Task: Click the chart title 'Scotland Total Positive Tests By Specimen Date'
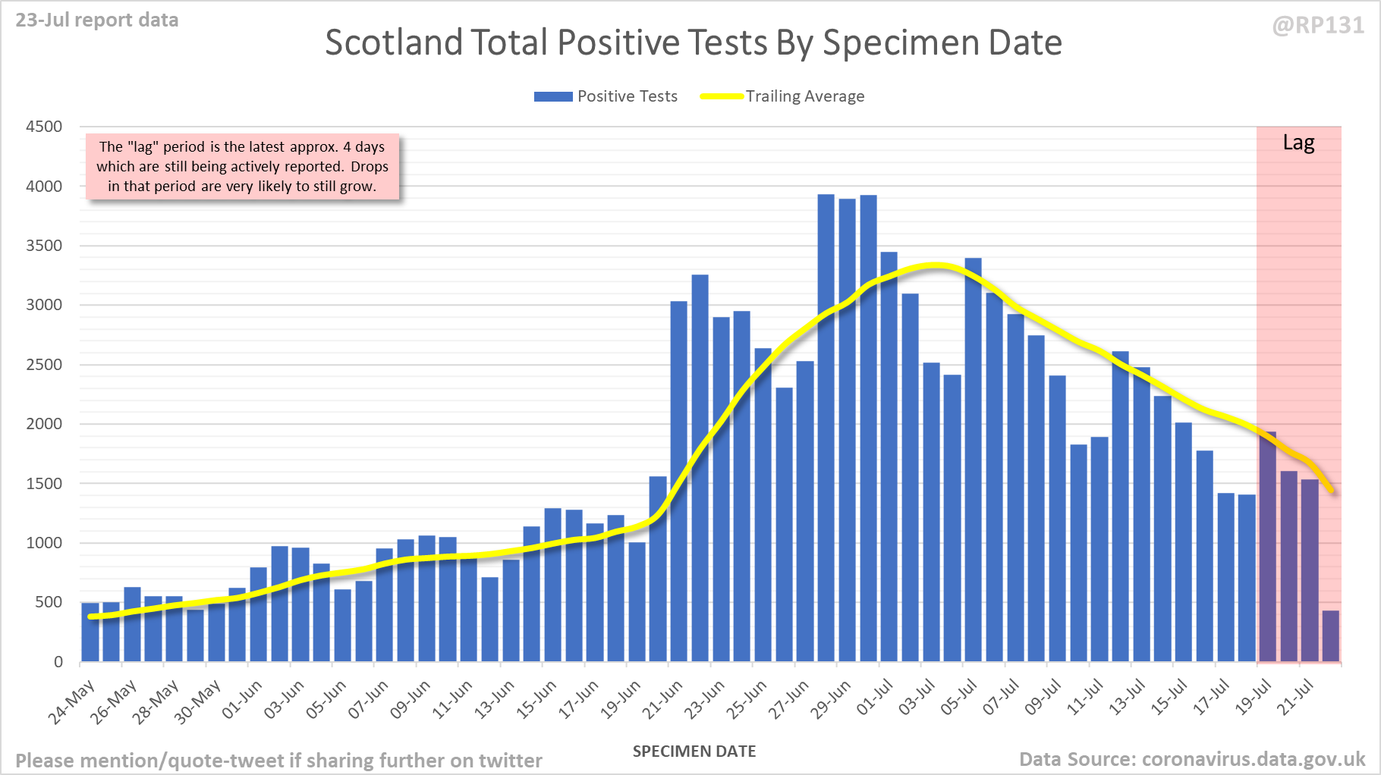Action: (693, 42)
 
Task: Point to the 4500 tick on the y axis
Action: (44, 127)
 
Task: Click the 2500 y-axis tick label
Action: (44, 365)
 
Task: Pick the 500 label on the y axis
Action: (49, 602)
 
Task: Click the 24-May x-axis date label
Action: (72, 701)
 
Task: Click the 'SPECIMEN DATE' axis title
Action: (694, 751)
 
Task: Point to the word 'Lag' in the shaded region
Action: (1298, 143)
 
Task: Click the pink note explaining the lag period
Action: (242, 167)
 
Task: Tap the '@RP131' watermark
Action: (1318, 26)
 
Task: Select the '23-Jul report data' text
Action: (97, 20)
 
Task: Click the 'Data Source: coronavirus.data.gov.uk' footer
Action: (1191, 759)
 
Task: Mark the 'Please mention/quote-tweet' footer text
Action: (278, 761)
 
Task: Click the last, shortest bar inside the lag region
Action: (1330, 636)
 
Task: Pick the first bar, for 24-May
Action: (90, 632)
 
